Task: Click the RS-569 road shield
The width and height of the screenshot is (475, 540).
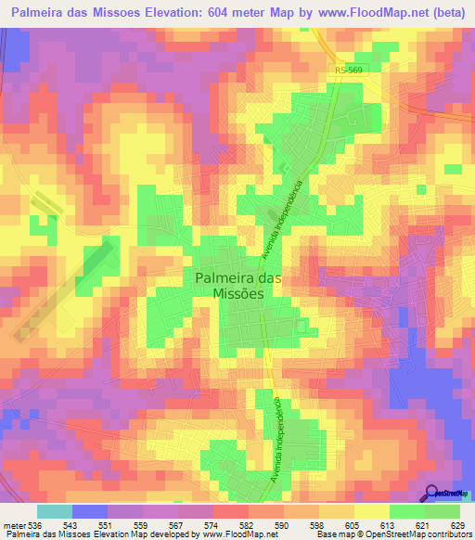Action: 348,71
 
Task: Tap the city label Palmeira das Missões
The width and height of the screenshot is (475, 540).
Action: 231,283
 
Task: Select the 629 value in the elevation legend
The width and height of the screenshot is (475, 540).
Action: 457,525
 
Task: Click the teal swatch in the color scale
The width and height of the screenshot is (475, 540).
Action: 54,511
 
